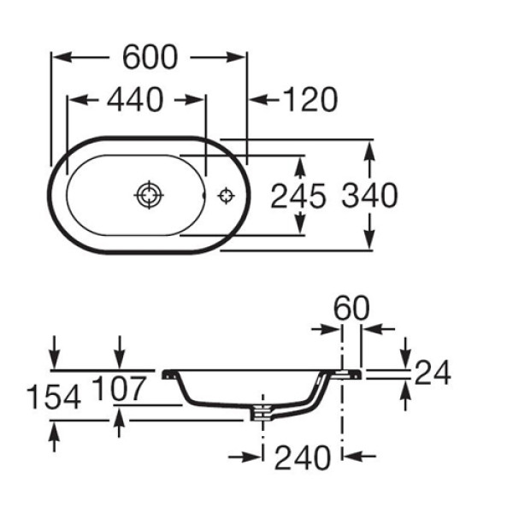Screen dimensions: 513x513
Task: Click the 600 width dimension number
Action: click(x=150, y=57)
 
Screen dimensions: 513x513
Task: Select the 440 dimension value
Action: click(x=134, y=101)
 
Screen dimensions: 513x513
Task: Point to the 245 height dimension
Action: click(x=298, y=197)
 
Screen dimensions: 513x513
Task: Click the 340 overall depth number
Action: click(x=369, y=197)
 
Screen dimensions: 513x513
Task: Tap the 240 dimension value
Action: click(x=302, y=458)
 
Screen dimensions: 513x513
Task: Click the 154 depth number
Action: click(x=53, y=397)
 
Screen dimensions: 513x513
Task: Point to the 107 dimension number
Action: click(x=119, y=388)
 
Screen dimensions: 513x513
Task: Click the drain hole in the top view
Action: click(x=149, y=195)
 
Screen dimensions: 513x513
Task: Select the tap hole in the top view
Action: click(x=227, y=195)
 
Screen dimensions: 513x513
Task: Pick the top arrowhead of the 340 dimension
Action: click(x=369, y=145)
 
